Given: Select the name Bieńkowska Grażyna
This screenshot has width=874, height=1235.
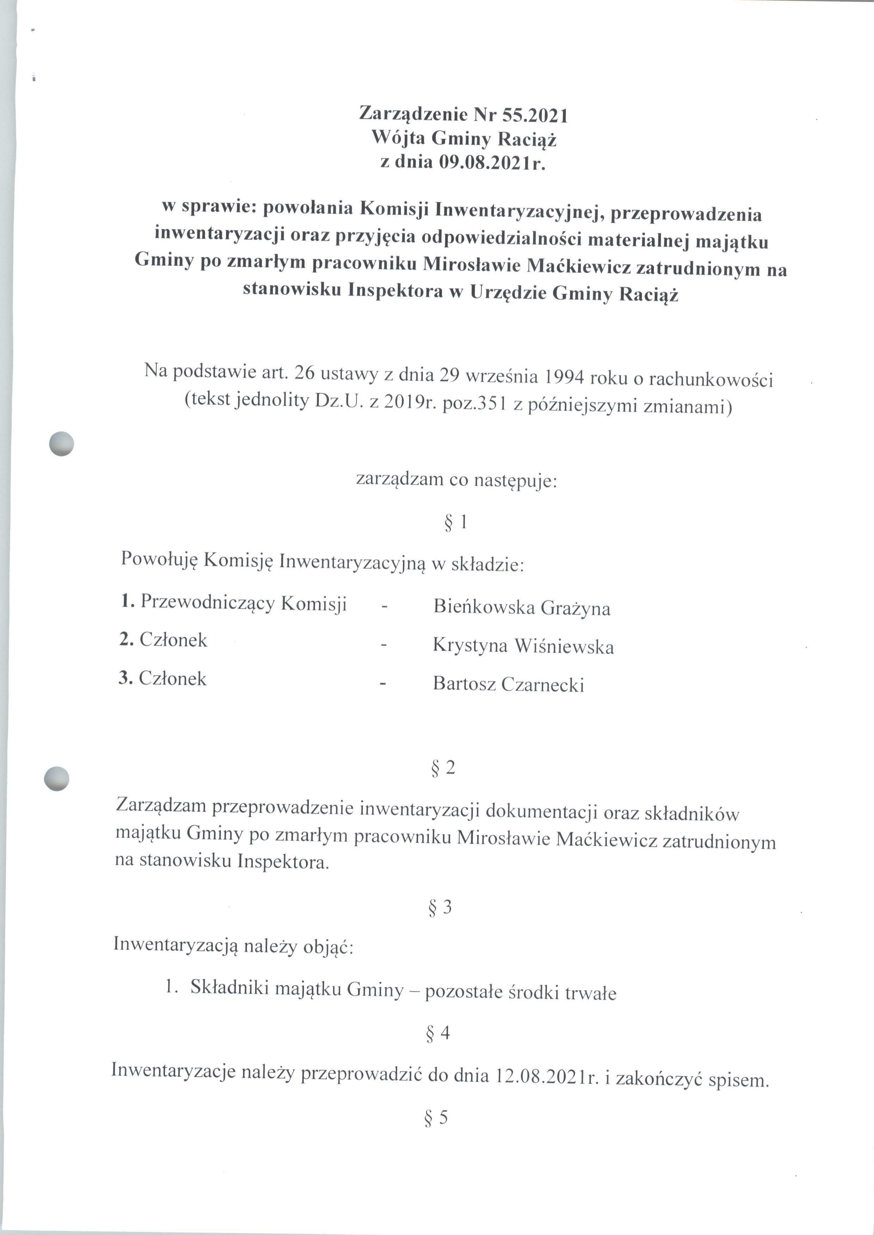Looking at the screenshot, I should tap(522, 608).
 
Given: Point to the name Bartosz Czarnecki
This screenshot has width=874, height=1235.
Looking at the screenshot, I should tap(509, 684).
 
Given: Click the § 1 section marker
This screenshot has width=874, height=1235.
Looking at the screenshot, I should tap(455, 523).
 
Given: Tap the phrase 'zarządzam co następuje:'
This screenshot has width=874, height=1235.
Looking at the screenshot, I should tap(456, 479).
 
